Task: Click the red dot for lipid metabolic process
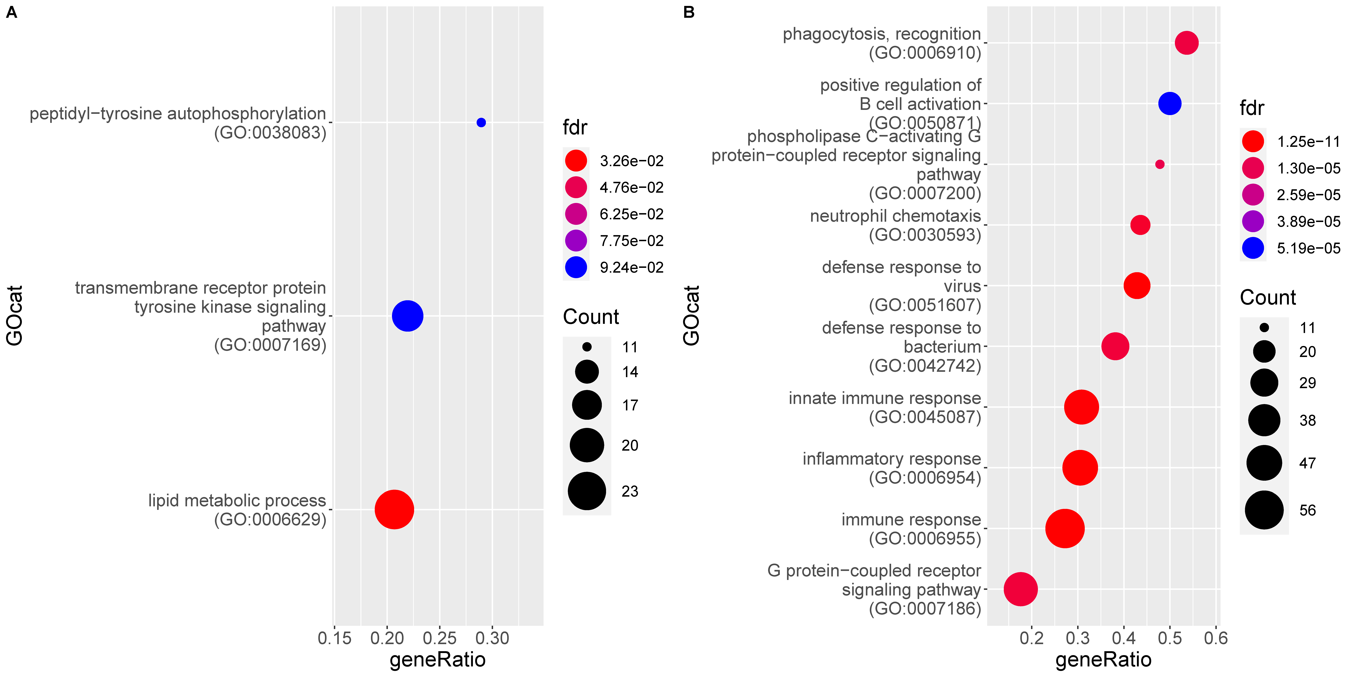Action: pos(394,509)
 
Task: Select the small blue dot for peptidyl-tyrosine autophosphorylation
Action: pos(481,122)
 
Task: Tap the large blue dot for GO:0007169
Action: pos(407,316)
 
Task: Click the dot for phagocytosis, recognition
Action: pos(1186,43)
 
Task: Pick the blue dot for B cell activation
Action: pos(1170,104)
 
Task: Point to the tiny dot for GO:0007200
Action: pos(1160,164)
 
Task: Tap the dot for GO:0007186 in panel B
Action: pos(1020,589)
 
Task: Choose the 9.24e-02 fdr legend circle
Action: pos(576,268)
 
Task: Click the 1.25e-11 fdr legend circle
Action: pos(1253,141)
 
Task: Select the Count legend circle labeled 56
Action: pos(1264,510)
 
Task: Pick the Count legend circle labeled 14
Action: pos(587,372)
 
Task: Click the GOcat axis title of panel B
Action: pos(692,315)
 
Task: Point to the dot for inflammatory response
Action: pos(1080,467)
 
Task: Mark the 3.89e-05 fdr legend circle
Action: pos(1253,221)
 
